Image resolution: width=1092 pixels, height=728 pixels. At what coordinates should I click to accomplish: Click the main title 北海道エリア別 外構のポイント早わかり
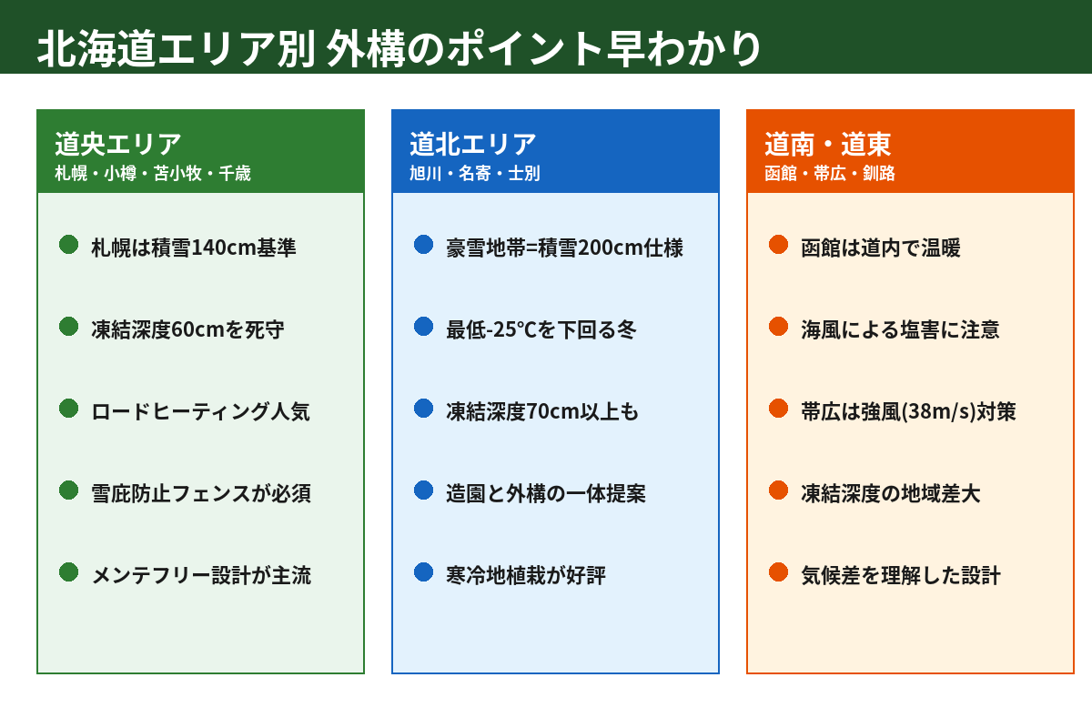(x=399, y=48)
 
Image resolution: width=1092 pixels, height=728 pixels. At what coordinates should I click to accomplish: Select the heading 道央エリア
(x=118, y=145)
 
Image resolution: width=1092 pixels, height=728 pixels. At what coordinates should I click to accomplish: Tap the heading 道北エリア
(x=473, y=145)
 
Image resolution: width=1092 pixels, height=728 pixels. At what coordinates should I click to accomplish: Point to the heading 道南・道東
(x=828, y=145)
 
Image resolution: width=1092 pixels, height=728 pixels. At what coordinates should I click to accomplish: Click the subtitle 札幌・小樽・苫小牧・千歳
(x=153, y=173)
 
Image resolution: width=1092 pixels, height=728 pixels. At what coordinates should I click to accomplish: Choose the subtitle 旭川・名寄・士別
(x=475, y=173)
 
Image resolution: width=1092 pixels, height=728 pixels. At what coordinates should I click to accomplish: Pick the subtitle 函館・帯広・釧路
(x=830, y=173)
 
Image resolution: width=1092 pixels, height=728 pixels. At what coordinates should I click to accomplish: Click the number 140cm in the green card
(x=224, y=248)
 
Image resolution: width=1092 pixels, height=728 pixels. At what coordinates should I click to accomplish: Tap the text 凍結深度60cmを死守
(x=187, y=329)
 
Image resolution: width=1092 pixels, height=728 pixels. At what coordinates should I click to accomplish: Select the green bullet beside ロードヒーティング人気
(x=69, y=409)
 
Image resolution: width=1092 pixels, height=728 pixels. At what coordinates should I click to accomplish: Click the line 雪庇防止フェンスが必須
(x=201, y=493)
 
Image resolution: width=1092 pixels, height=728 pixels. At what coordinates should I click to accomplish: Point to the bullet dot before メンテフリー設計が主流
(x=69, y=572)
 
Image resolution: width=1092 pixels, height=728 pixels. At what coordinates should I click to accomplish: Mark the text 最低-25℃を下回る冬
(x=541, y=329)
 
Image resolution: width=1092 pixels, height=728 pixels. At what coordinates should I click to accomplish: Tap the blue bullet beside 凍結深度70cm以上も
(x=424, y=409)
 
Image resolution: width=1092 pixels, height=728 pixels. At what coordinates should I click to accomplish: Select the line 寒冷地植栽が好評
(x=526, y=575)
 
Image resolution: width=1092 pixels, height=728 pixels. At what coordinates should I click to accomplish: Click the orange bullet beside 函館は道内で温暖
(x=779, y=245)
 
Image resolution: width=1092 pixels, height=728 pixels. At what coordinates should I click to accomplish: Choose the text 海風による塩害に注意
(x=900, y=329)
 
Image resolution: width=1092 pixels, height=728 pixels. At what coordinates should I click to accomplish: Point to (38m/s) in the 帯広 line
(x=939, y=411)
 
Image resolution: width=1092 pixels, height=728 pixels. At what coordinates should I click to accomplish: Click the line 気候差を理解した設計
(x=901, y=575)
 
